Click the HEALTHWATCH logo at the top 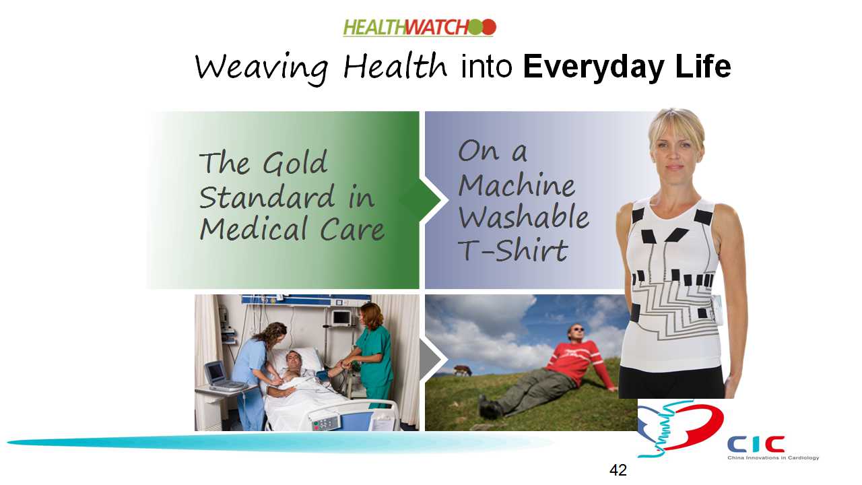(x=420, y=28)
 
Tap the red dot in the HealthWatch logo (x=489, y=28)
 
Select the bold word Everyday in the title (x=593, y=68)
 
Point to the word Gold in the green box (x=295, y=162)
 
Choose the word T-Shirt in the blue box (x=513, y=250)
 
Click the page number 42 (x=618, y=470)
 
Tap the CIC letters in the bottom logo (x=756, y=444)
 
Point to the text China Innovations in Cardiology (x=773, y=457)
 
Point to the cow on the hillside (x=462, y=370)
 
